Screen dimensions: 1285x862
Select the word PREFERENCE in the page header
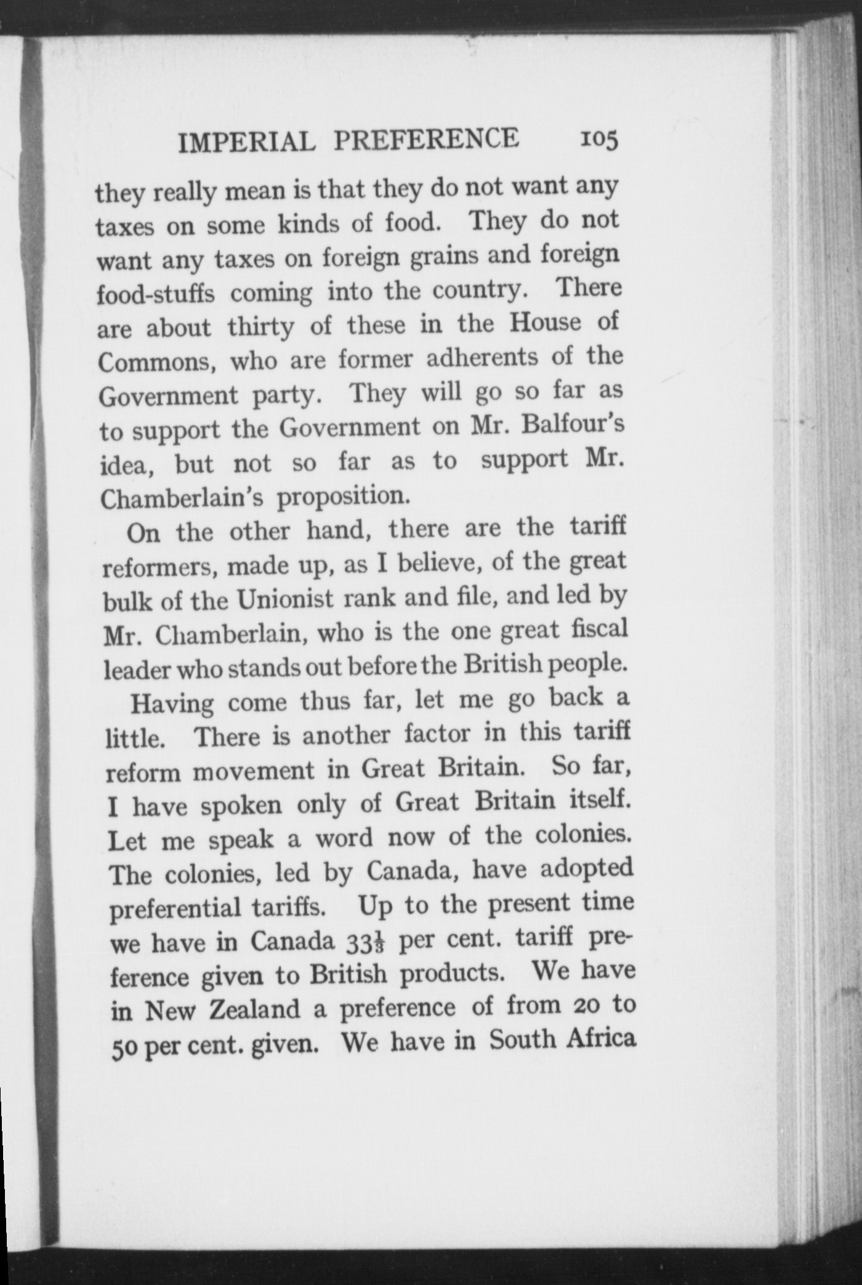point(426,139)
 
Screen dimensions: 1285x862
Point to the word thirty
point(261,327)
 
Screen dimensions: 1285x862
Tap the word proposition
point(344,497)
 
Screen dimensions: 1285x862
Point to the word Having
point(172,703)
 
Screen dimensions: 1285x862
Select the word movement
point(272,770)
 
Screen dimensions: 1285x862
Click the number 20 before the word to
point(582,1006)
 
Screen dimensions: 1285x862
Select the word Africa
point(600,1039)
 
